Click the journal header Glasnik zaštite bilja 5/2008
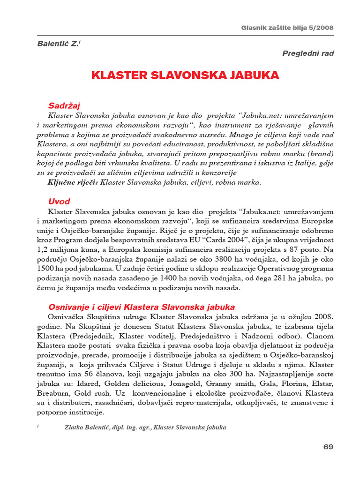click(287, 28)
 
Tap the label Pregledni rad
click(308, 53)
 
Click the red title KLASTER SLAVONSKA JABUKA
click(185, 75)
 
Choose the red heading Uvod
click(59, 202)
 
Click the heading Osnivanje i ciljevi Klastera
click(142, 307)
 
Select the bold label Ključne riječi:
click(73, 182)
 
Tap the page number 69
click(328, 447)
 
